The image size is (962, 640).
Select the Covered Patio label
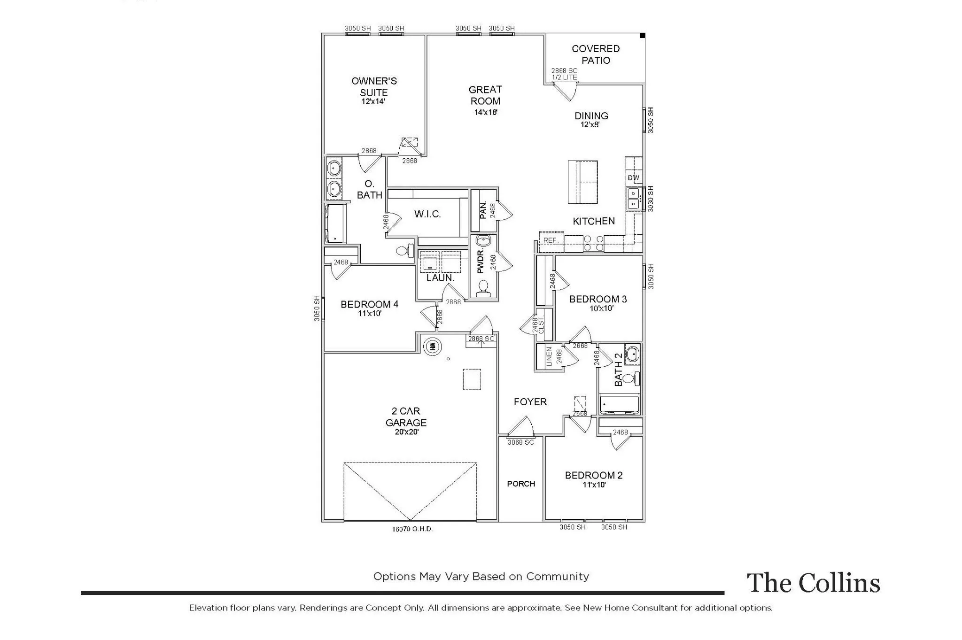pyautogui.click(x=596, y=54)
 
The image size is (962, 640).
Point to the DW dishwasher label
pyautogui.click(x=633, y=178)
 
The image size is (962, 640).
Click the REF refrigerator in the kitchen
pyautogui.click(x=551, y=240)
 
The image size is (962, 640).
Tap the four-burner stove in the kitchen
pyautogui.click(x=593, y=243)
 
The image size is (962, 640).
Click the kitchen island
pyautogui.click(x=583, y=182)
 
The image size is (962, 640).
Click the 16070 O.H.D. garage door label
pyautogui.click(x=412, y=529)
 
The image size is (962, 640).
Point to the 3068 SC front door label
pyautogui.click(x=520, y=442)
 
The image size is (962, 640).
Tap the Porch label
pyautogui.click(x=521, y=484)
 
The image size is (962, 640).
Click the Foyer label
pyautogui.click(x=530, y=402)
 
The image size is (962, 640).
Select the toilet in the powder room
pyautogui.click(x=483, y=288)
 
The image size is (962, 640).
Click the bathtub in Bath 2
pyautogui.click(x=620, y=405)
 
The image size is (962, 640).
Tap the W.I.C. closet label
pyautogui.click(x=427, y=214)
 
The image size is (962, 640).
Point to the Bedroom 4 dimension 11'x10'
pyautogui.click(x=370, y=314)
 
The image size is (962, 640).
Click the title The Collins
pyautogui.click(x=813, y=583)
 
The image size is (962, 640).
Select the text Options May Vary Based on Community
pyautogui.click(x=481, y=577)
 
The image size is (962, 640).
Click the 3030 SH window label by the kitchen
pyautogui.click(x=651, y=199)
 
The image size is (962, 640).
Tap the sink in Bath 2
pyautogui.click(x=633, y=354)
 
